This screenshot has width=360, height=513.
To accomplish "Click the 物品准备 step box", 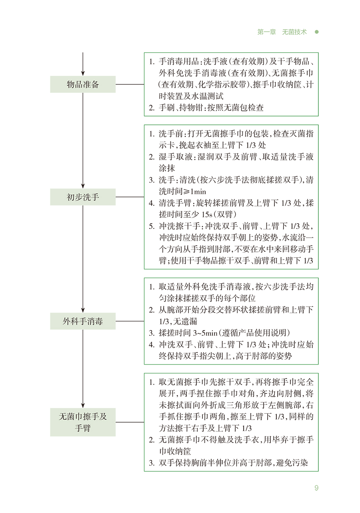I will pyautogui.click(x=83, y=84).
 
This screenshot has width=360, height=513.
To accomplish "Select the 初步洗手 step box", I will pyautogui.click(x=83, y=197).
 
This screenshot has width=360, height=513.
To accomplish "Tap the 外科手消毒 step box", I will pyautogui.click(x=83, y=321).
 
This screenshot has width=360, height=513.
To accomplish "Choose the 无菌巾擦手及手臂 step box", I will pyautogui.click(x=83, y=422).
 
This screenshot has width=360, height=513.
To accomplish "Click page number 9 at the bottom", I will pyautogui.click(x=316, y=488).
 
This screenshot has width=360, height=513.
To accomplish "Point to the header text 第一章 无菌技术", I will pyautogui.click(x=282, y=32).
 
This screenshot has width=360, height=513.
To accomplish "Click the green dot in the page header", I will pyautogui.click(x=316, y=32).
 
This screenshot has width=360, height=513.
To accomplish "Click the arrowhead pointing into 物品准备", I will pyautogui.click(x=83, y=73).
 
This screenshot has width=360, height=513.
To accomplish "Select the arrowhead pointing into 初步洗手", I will pyautogui.click(x=83, y=185).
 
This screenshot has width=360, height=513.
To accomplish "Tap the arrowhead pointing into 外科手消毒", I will pyautogui.click(x=83, y=309).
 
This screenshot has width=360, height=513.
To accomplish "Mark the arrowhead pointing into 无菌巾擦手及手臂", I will pyautogui.click(x=83, y=405).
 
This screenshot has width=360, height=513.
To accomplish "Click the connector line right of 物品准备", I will pyautogui.click(x=130, y=84).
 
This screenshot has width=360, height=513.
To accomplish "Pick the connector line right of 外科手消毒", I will pyautogui.click(x=130, y=321).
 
